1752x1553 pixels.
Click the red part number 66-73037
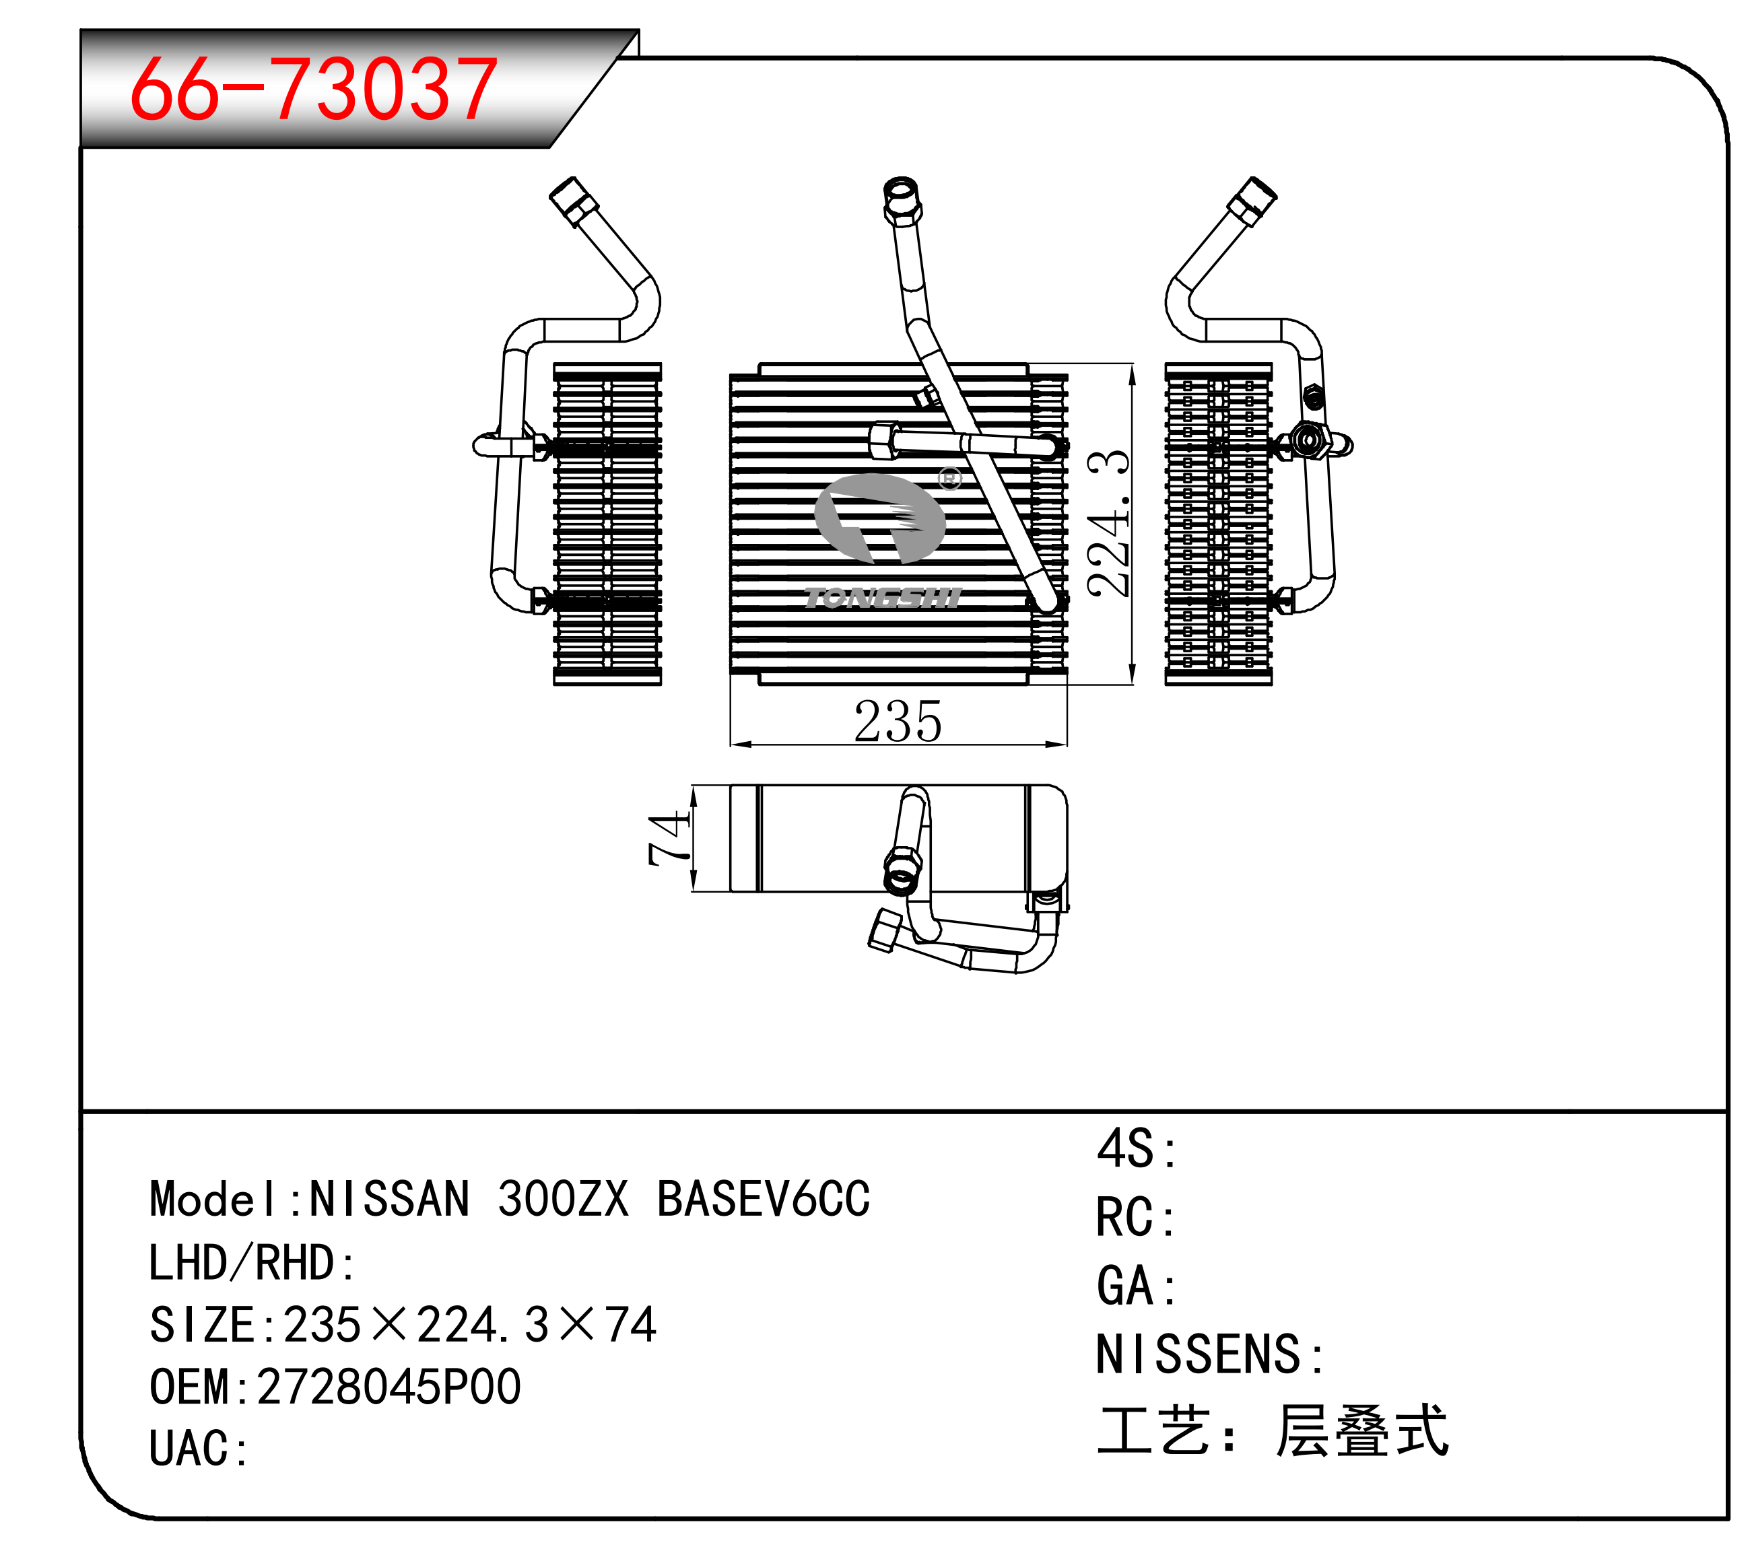click(x=314, y=88)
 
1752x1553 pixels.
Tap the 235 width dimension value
click(x=898, y=722)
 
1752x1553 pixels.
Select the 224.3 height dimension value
click(x=1108, y=523)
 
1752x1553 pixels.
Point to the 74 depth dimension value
click(x=669, y=838)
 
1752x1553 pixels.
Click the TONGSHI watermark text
click(x=883, y=597)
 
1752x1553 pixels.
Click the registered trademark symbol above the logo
click(x=949, y=478)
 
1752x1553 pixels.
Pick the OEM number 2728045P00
click(x=389, y=1387)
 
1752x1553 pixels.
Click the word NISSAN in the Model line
click(x=389, y=1198)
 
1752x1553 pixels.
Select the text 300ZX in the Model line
click(x=563, y=1198)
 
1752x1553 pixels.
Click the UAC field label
click(x=198, y=1449)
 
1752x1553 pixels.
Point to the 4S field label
click(x=1137, y=1148)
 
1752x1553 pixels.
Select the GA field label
click(x=1137, y=1286)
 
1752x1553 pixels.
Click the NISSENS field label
click(x=1210, y=1354)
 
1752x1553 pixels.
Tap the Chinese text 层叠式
click(x=1361, y=1430)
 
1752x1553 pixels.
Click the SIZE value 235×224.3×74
click(x=470, y=1325)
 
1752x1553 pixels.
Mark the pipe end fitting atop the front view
click(x=901, y=201)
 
